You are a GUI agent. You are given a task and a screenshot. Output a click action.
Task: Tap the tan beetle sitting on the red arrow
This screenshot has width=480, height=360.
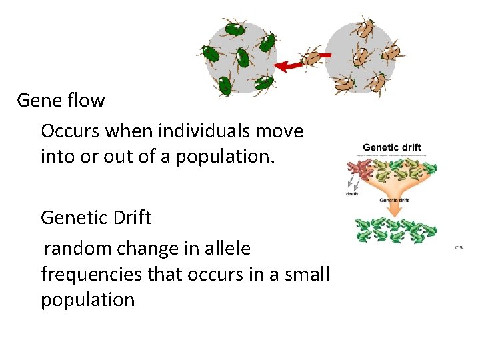coord(311,58)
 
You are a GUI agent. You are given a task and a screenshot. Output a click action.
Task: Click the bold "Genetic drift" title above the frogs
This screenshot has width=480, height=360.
coord(391,147)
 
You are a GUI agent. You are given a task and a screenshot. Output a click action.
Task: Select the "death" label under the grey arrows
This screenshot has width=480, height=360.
coord(351,195)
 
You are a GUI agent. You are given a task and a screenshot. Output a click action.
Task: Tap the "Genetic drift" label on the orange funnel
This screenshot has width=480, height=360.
coord(394,200)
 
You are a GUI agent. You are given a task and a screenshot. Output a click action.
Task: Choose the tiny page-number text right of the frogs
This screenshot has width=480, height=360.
coord(459,247)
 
